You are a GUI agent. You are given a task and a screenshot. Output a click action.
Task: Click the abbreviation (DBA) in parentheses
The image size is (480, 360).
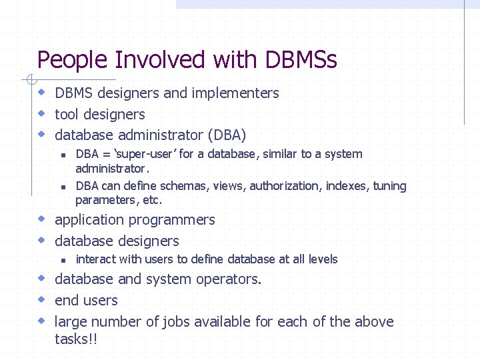point(227,135)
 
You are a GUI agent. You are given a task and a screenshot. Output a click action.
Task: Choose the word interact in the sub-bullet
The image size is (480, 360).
point(96,259)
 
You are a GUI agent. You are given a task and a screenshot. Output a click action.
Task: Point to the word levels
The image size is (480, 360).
point(323,259)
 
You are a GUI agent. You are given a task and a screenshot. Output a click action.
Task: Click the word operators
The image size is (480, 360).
point(230,279)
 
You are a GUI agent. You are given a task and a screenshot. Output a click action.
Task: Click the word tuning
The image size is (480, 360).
point(390,186)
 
